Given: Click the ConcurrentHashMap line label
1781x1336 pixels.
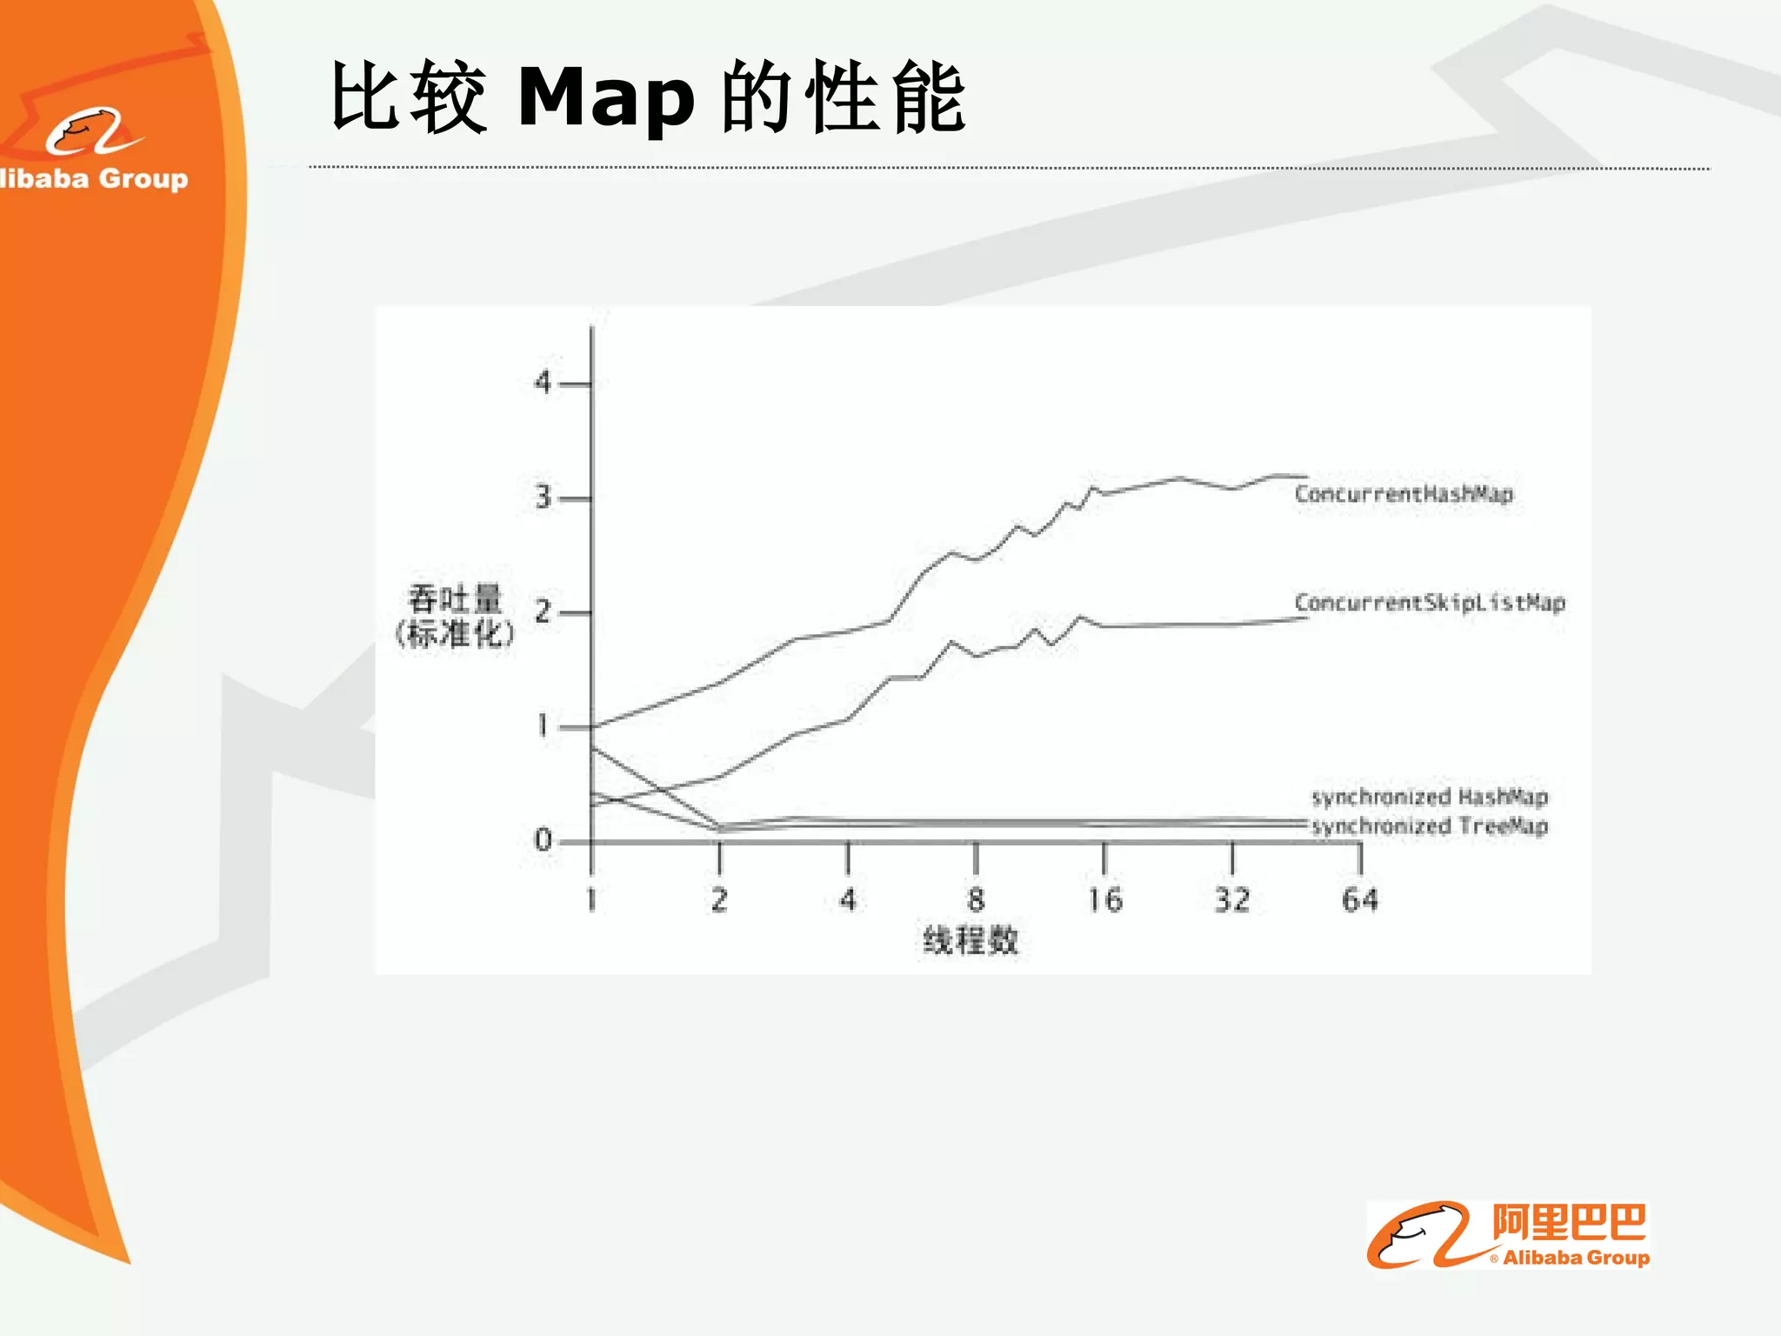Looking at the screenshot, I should click(1404, 494).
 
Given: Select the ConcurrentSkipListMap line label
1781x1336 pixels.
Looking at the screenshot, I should click(1429, 603).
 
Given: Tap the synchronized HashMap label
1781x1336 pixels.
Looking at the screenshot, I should click(1430, 797).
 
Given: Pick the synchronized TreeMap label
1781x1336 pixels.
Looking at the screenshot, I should click(1430, 825).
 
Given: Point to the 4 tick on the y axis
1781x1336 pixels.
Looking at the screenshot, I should click(544, 382).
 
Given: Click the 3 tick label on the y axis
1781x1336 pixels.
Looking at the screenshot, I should click(544, 498).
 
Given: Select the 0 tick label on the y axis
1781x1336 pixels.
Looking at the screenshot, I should click(544, 840).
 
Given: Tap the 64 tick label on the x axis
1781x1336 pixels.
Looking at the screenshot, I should click(1360, 899).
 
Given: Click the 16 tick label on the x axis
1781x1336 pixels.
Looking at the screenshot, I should click(1104, 899).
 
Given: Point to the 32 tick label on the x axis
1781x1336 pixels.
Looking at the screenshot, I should click(1232, 899).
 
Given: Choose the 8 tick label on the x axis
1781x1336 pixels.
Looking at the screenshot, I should click(976, 899).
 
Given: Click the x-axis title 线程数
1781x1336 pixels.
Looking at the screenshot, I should click(971, 940).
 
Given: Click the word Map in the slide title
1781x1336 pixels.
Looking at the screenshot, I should click(606, 97).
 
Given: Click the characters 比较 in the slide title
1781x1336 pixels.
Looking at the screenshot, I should click(409, 97).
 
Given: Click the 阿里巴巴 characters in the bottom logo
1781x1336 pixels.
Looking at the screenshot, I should click(1569, 1223).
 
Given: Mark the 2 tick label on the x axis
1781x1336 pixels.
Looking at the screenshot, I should click(719, 899).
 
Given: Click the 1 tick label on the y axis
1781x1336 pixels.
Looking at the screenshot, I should click(544, 725).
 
